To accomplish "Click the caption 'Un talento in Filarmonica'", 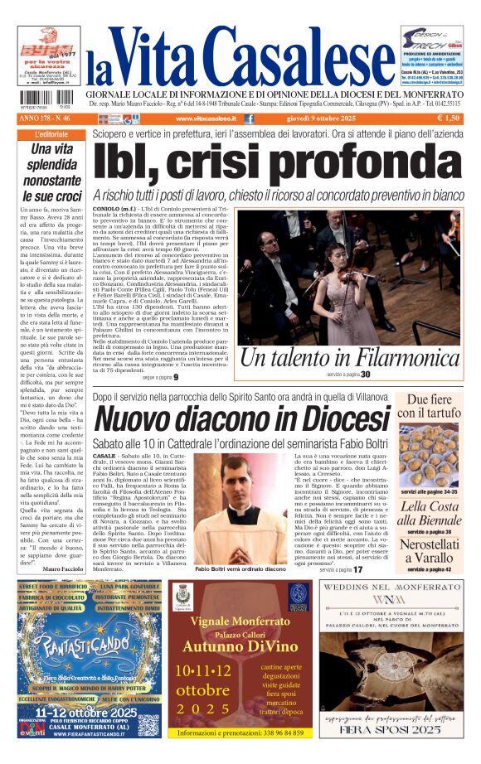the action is point(349,358).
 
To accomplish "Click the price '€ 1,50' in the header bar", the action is point(448,118).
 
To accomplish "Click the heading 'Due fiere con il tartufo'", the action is point(428,405).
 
